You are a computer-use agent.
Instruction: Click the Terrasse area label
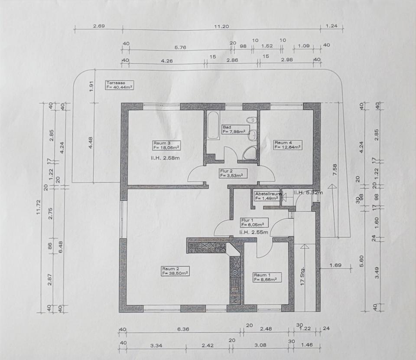pos(119,85)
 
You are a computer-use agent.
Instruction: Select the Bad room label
pos(234,129)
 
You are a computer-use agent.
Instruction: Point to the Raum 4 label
pos(287,144)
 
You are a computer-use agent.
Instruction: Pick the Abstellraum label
pos(268,196)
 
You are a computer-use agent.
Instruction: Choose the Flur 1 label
pos(254,223)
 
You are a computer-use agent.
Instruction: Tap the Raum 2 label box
pos(175,271)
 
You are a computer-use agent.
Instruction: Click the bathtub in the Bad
pos(213,126)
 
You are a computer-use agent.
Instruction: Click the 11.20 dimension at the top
pos(221,27)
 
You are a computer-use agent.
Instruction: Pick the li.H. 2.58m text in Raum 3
pos(162,158)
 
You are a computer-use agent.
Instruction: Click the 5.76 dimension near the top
pos(180,48)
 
